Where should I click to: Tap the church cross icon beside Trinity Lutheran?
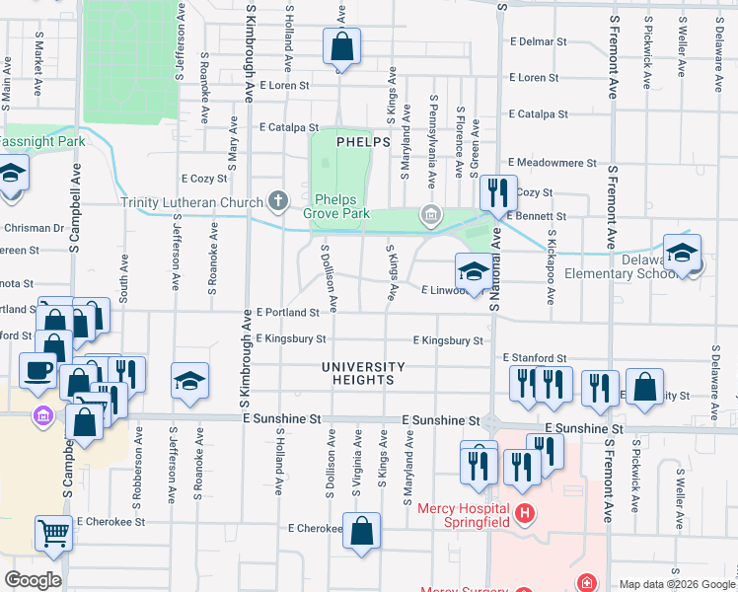tap(278, 202)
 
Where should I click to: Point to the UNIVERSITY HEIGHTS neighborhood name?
tap(363, 374)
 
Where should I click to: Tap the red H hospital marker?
tap(525, 513)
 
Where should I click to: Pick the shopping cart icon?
tap(53, 534)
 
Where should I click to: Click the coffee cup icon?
tap(38, 371)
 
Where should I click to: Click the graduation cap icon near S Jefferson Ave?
tap(189, 380)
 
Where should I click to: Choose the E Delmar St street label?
tap(538, 42)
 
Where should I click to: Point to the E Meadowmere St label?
tap(553, 163)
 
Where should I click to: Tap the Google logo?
tap(33, 580)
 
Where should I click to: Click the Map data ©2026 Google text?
tap(677, 584)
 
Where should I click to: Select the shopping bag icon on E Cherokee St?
tap(363, 530)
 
